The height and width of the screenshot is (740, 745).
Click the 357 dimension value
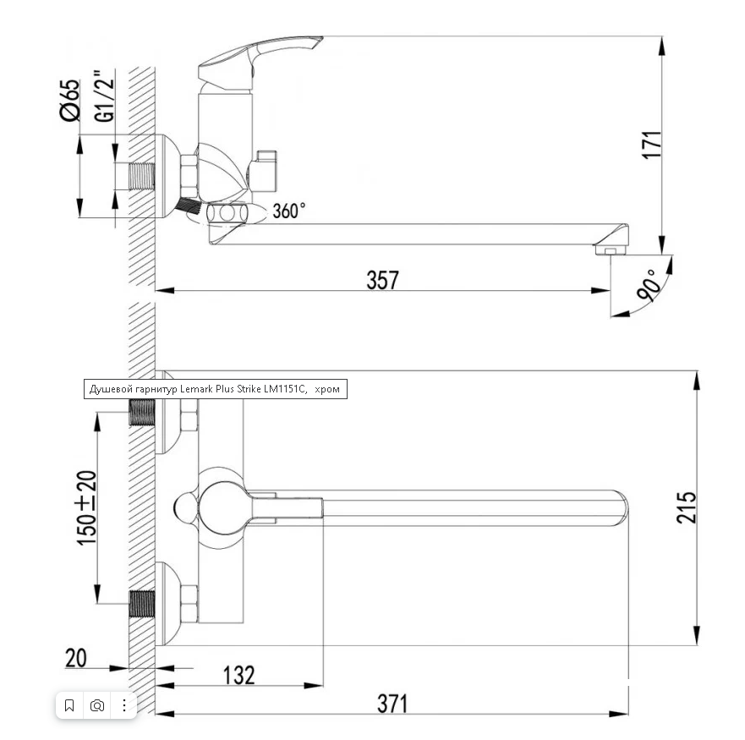(382, 279)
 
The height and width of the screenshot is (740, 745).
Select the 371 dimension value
(392, 704)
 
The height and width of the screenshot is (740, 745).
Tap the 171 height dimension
(652, 145)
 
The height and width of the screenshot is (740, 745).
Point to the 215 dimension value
(687, 507)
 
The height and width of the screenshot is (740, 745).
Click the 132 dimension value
(239, 675)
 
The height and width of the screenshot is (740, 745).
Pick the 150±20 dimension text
(86, 507)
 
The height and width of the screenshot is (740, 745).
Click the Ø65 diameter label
(70, 101)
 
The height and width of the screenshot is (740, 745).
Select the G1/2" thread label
(104, 96)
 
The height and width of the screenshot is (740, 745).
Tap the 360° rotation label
(289, 211)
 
